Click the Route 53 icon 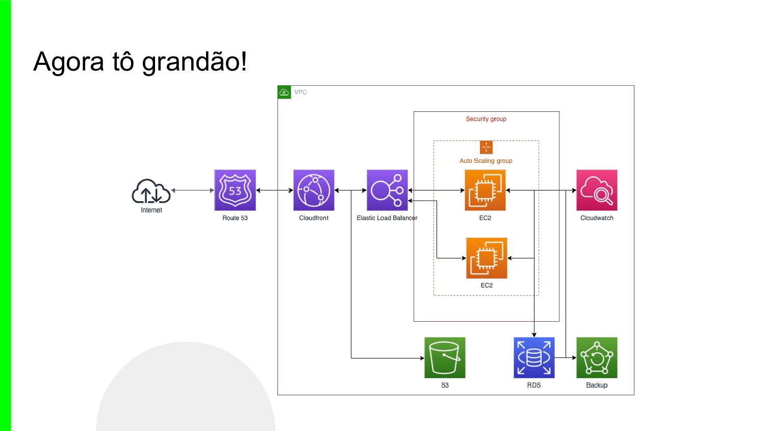point(235,190)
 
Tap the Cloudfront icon point(314,190)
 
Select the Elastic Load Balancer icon point(387,190)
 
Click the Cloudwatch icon point(597,190)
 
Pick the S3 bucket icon point(445,357)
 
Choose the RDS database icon point(534,357)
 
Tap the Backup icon point(597,357)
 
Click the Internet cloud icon point(151,191)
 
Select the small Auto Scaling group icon point(486,147)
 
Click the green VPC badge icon point(284,92)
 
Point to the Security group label point(486,119)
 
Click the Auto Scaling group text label point(486,161)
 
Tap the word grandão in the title point(194,62)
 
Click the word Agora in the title point(69,62)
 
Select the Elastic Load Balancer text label point(387,218)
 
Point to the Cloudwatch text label point(597,218)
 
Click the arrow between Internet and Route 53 point(192,190)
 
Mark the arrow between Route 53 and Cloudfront point(274,190)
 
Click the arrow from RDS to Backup point(565,358)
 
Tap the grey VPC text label point(300,92)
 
